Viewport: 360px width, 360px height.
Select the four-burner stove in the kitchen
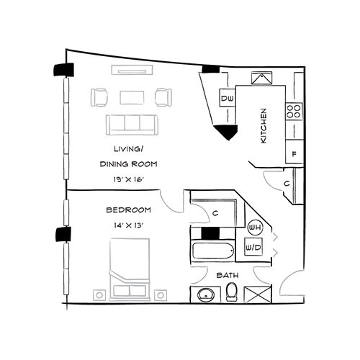pyautogui.click(x=294, y=111)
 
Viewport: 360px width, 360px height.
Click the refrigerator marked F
pyautogui.click(x=294, y=153)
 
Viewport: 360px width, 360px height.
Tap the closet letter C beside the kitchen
pyautogui.click(x=287, y=184)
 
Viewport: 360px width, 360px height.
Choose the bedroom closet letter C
pyautogui.click(x=216, y=212)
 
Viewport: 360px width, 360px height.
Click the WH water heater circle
pyautogui.click(x=253, y=228)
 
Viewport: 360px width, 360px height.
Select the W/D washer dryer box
pyautogui.click(x=253, y=248)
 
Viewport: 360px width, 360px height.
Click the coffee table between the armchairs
pyautogui.click(x=132, y=96)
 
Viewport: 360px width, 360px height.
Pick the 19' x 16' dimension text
pyautogui.click(x=129, y=179)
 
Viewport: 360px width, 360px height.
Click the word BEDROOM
pyautogui.click(x=128, y=210)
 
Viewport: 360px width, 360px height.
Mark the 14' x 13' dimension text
pyautogui.click(x=128, y=225)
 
